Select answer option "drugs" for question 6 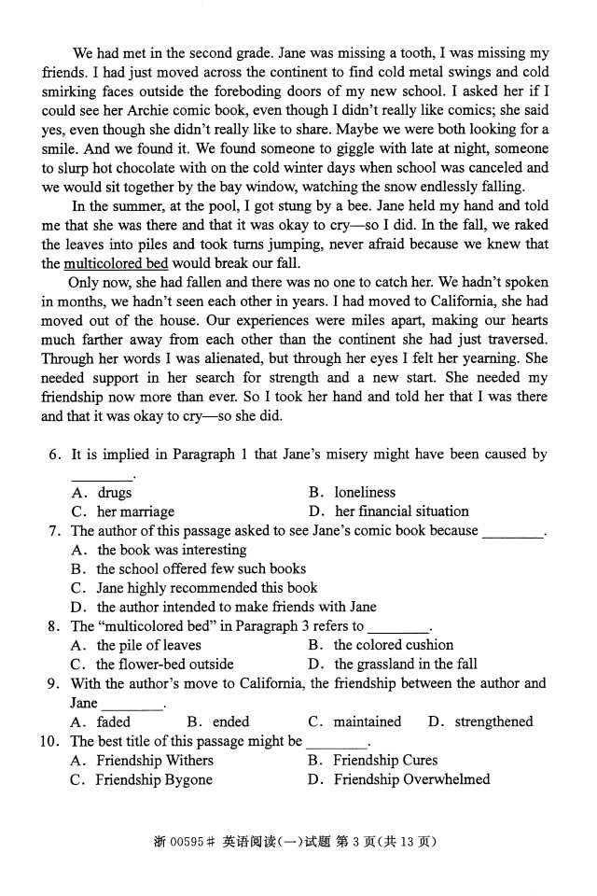pyautogui.click(x=114, y=492)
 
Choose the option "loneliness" pyautogui.click(x=365, y=492)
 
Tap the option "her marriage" pyautogui.click(x=135, y=511)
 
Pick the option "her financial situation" pyautogui.click(x=401, y=511)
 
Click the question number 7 pyautogui.click(x=54, y=531)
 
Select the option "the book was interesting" pyautogui.click(x=172, y=550)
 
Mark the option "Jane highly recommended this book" pyautogui.click(x=206, y=588)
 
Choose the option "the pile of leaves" pyautogui.click(x=148, y=645)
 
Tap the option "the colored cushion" pyautogui.click(x=394, y=645)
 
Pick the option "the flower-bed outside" pyautogui.click(x=164, y=665)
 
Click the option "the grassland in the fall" pyautogui.click(x=405, y=665)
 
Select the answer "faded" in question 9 pyautogui.click(x=114, y=721)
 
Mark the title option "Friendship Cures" pyautogui.click(x=385, y=761)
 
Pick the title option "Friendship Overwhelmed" pyautogui.click(x=411, y=780)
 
